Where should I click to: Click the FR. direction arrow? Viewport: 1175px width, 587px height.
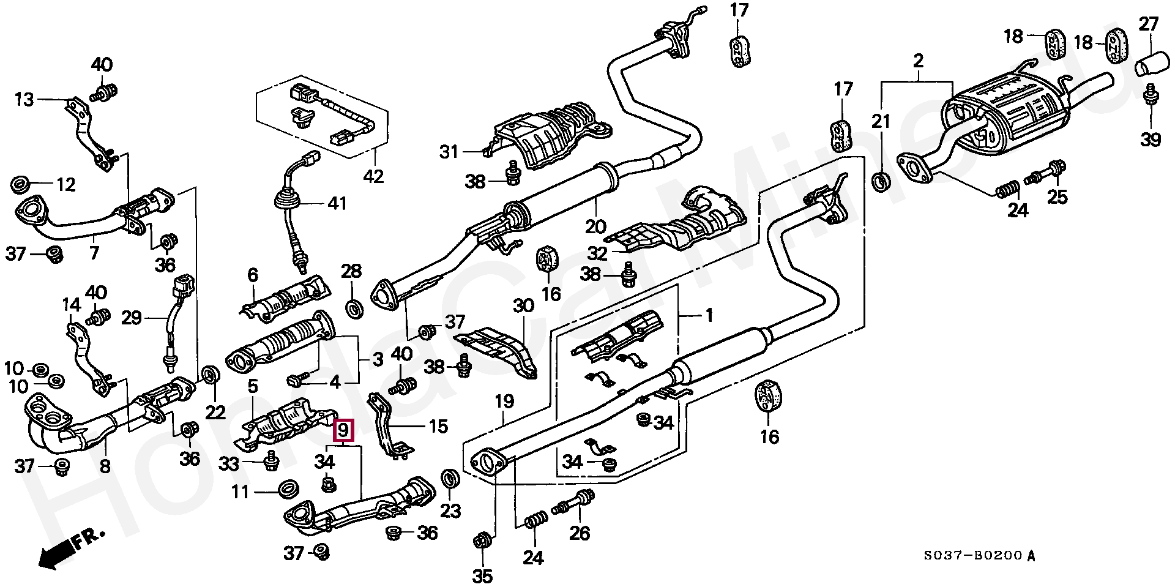(x=70, y=547)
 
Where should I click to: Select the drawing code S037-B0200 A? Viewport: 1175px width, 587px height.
(x=980, y=556)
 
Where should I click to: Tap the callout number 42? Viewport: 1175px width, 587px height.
(x=373, y=176)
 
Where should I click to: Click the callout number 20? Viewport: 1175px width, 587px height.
(x=595, y=227)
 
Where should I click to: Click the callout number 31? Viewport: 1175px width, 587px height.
(x=450, y=151)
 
